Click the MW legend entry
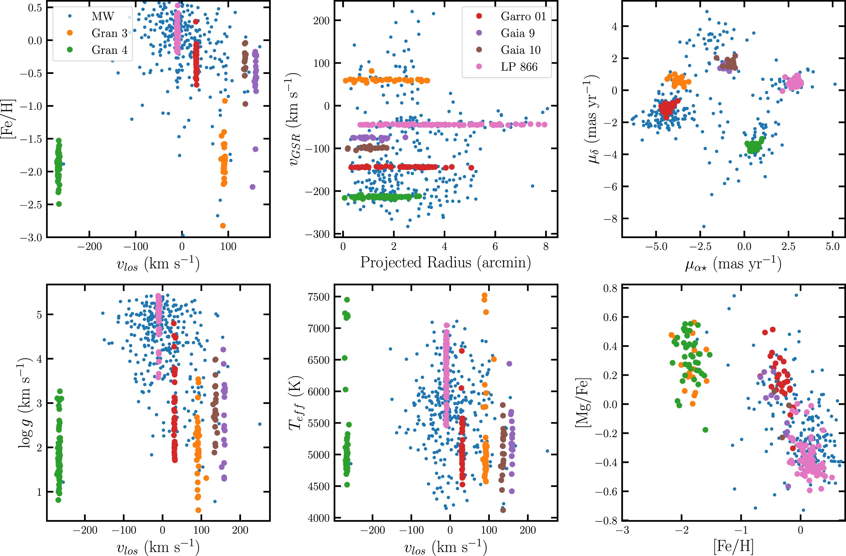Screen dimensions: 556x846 click(x=103, y=16)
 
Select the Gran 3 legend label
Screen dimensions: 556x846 click(x=109, y=33)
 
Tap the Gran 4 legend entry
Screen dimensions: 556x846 click(x=109, y=50)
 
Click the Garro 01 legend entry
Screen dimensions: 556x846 click(x=523, y=16)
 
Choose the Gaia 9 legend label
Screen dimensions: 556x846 click(x=518, y=33)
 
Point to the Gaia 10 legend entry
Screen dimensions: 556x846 click(x=520, y=50)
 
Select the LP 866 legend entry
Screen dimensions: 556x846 click(x=519, y=67)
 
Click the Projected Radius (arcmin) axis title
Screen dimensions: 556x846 click(x=445, y=262)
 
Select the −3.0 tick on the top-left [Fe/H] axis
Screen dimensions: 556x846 click(x=31, y=237)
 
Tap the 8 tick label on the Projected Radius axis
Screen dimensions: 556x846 click(x=546, y=247)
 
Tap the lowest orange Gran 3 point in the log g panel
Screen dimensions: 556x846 click(x=198, y=510)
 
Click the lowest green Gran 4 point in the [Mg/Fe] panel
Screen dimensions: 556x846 click(x=705, y=430)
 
